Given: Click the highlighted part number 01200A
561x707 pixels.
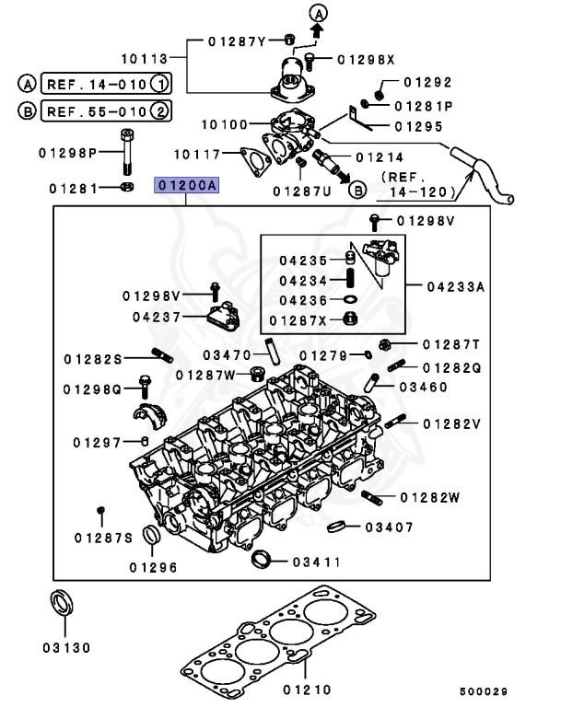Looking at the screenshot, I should point(186,185).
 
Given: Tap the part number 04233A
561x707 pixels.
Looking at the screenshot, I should point(454,287).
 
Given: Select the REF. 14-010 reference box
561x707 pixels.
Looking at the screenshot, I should point(104,84).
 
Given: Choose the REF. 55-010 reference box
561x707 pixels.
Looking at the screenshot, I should point(104,112).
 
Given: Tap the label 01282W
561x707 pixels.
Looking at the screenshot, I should point(429,497).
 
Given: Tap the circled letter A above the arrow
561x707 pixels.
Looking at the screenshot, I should point(318,13).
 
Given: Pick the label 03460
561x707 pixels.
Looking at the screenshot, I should point(423,388).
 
